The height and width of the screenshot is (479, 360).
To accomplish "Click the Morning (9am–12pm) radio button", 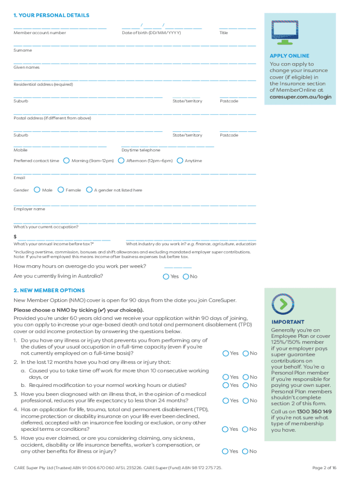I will [66, 160].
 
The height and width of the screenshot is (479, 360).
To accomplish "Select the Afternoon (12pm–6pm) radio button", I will [121, 160].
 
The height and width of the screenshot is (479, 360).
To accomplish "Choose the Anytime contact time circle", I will [180, 160].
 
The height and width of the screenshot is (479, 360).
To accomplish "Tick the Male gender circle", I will [37, 190].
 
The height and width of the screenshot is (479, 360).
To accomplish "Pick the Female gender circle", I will [61, 190].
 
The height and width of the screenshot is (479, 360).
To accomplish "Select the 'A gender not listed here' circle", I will [89, 190].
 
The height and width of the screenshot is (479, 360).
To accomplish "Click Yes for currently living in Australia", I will [166, 276].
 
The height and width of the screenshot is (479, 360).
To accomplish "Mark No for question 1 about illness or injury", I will [245, 353].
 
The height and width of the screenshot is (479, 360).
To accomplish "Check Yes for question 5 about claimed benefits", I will [225, 451].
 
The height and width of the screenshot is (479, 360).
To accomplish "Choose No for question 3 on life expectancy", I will [245, 400].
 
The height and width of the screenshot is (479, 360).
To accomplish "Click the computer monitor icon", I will [285, 32].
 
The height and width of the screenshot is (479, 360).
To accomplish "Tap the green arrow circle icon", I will [283, 304].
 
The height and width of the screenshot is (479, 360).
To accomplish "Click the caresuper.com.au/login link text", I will [300, 97].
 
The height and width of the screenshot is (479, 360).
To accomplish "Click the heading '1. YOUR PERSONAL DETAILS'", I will [51, 15].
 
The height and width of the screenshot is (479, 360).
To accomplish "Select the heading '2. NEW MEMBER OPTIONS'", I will [49, 290].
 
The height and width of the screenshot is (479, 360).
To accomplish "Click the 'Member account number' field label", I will [40, 33].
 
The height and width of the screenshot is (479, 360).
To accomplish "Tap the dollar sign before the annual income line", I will [15, 237].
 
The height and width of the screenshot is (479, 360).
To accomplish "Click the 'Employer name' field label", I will [29, 209].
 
